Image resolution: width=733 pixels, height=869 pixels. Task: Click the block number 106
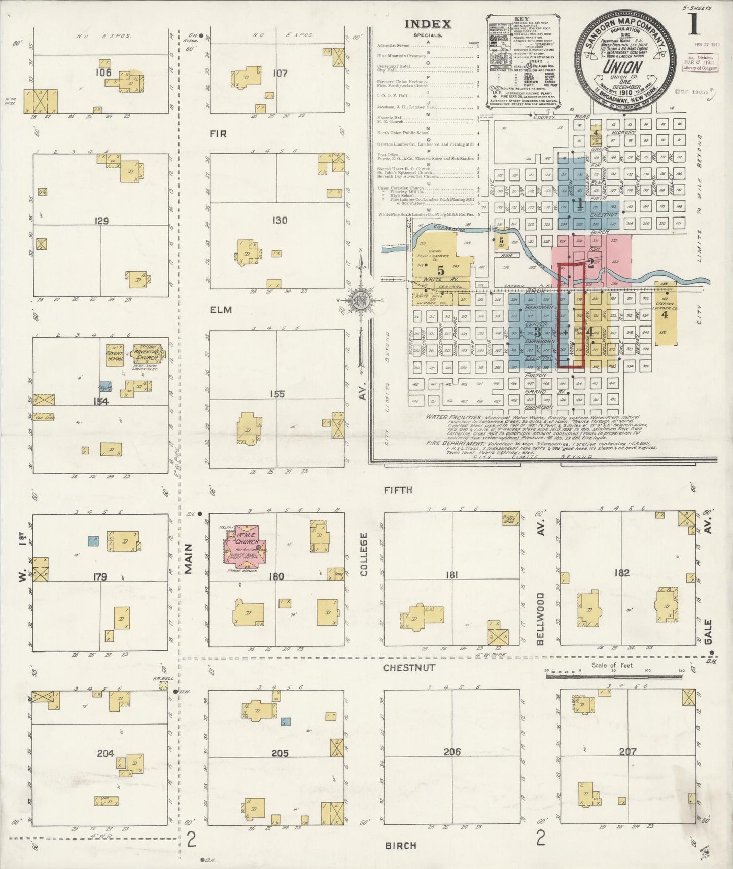[x=103, y=73]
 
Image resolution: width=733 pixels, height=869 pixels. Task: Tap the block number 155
[x=277, y=394]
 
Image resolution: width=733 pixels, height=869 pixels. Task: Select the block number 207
[x=627, y=751]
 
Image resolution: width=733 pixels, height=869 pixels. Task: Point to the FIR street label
[x=218, y=134]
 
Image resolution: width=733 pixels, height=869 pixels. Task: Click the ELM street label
[x=221, y=310]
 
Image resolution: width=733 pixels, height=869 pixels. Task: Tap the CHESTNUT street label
[x=409, y=668]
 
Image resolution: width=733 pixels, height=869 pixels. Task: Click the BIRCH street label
[x=401, y=845]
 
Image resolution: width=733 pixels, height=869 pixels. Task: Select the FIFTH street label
[x=398, y=490]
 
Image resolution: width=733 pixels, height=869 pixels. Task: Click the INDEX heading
[x=427, y=24]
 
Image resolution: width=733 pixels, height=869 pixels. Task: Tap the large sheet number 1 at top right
[x=694, y=24]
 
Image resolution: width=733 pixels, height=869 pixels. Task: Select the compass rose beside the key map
[x=361, y=299]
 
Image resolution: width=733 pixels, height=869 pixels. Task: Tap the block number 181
[x=451, y=575]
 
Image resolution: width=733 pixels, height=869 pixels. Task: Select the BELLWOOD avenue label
[x=541, y=619]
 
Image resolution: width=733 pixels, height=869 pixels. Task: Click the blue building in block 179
[x=93, y=540]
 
